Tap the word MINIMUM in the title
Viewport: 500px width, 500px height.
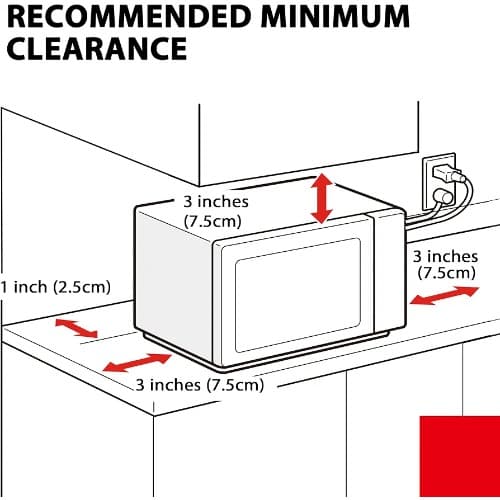point(335,16)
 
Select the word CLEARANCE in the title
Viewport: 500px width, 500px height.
point(97,48)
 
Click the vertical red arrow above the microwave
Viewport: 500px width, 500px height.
point(322,198)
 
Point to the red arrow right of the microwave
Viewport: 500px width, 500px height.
point(445,295)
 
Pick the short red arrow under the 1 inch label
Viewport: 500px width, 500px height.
point(77,328)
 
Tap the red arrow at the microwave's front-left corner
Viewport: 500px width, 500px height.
point(137,363)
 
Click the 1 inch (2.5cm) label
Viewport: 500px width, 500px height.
point(55,287)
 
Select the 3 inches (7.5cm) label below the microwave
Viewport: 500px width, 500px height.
point(200,385)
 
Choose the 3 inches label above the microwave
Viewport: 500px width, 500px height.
point(216,212)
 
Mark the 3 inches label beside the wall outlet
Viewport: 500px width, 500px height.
point(446,265)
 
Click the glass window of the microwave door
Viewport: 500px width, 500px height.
point(298,295)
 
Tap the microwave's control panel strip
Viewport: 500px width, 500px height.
point(389,272)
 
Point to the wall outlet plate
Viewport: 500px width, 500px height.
point(439,181)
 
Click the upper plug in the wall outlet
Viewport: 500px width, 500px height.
point(448,174)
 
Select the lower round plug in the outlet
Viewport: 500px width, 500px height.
point(443,197)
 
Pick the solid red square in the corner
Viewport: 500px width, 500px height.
point(460,456)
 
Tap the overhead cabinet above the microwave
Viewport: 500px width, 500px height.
point(309,144)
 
